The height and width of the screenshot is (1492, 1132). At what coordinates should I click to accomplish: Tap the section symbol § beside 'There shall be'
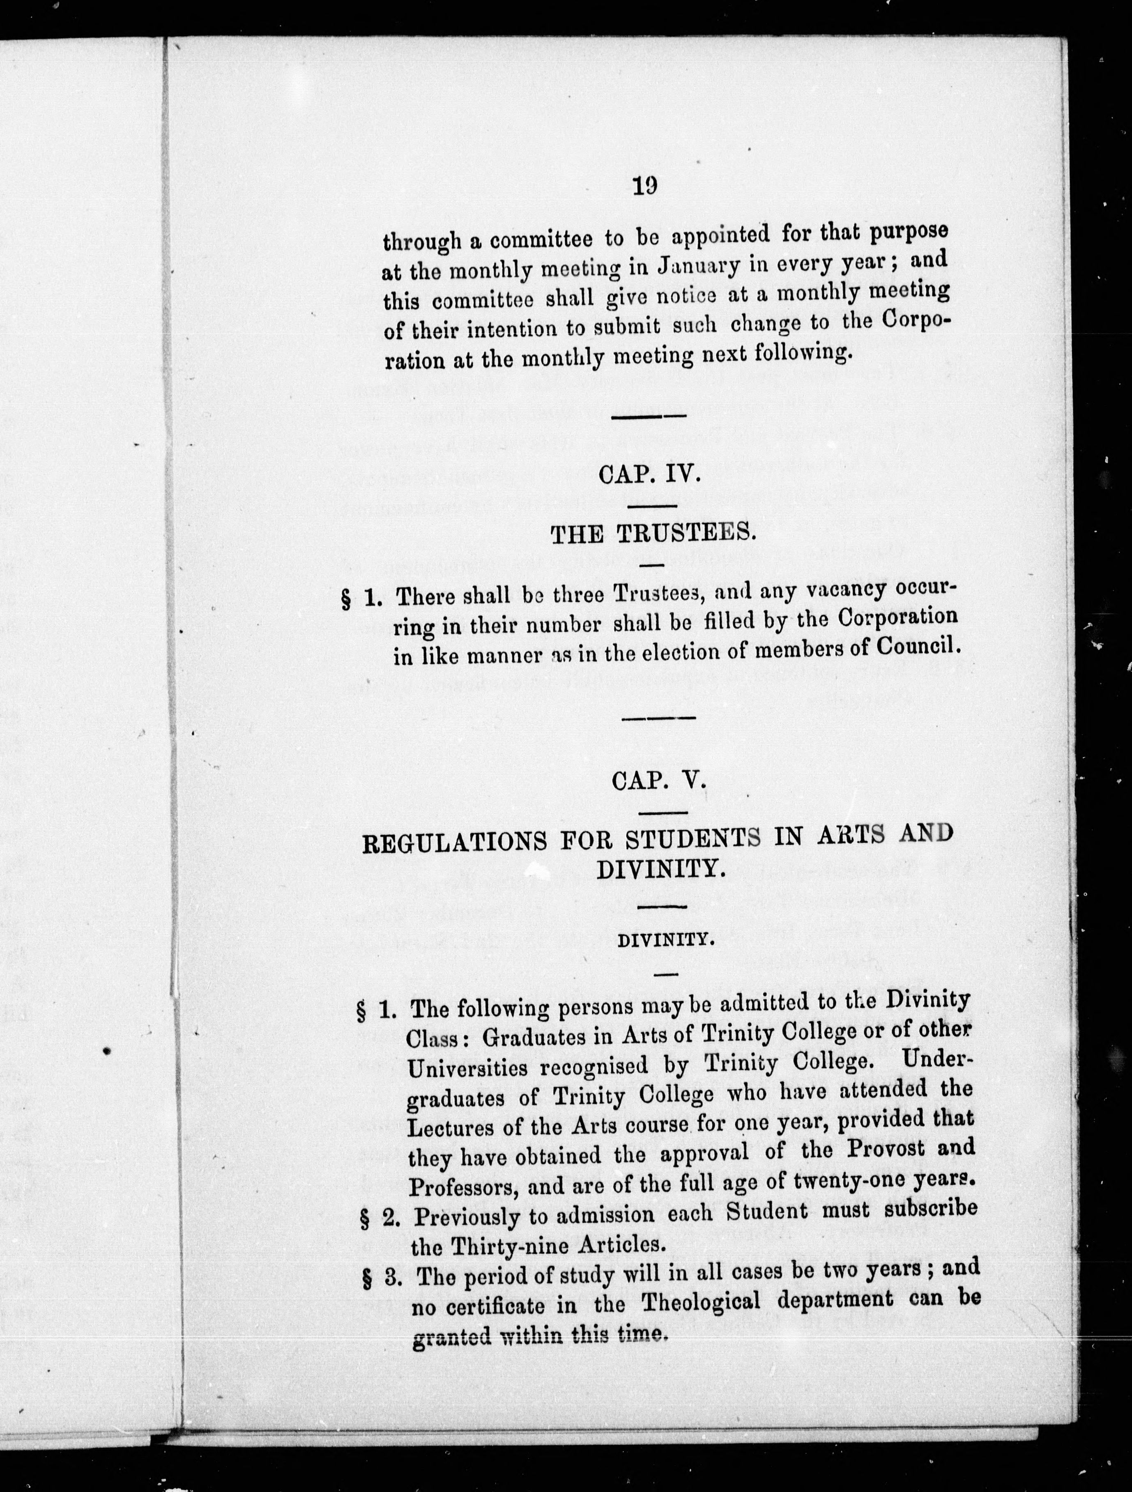(x=346, y=600)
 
